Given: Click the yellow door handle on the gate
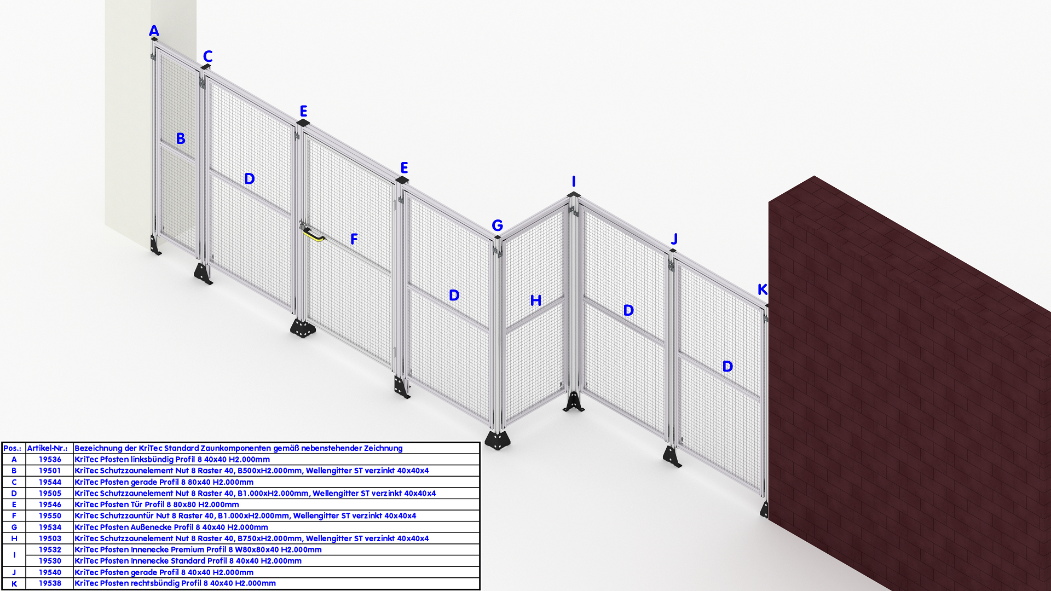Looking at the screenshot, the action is coord(314,234).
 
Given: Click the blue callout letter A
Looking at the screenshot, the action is coord(154,31).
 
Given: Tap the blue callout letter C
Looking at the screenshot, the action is coord(207,56).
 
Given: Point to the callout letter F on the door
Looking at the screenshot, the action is coord(354,239).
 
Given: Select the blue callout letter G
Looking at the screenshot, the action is coord(497,225).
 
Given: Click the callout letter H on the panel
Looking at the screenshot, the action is coord(536,300).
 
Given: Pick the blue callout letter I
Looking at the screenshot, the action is coord(574,182).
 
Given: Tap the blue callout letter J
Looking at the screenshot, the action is coord(674,239).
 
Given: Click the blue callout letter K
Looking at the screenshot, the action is coord(762,289).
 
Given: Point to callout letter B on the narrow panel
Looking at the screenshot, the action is coord(181,138).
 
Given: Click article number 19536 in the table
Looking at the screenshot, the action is coord(50,460).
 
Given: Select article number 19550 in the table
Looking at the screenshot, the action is coord(50,515).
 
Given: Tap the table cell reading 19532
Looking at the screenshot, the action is coord(50,549).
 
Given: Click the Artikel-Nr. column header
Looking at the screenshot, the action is coord(47,448).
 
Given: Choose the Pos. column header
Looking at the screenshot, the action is coord(12,448).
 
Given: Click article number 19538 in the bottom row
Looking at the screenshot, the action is coord(50,583).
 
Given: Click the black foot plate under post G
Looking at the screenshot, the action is coord(497,440).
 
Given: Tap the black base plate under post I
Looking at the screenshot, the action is coord(573,402).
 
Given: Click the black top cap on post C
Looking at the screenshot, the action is coord(206,67).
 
